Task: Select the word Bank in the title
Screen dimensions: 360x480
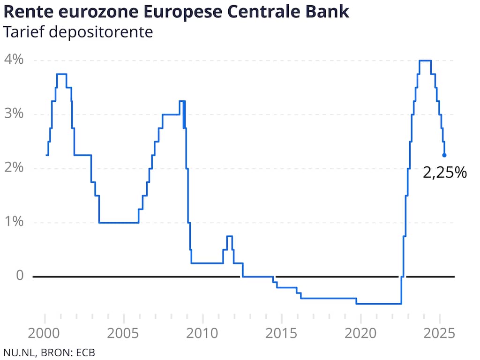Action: click(x=328, y=12)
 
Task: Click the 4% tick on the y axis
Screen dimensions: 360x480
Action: click(x=14, y=60)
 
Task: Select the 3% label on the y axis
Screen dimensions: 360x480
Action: click(x=14, y=114)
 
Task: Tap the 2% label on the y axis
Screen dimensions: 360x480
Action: click(x=14, y=168)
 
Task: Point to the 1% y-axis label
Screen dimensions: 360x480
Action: click(x=14, y=222)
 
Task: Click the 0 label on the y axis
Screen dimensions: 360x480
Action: click(x=19, y=275)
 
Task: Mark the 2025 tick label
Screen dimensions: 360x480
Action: click(x=440, y=334)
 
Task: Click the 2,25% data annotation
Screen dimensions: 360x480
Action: click(x=445, y=173)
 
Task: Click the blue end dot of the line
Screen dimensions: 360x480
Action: click(x=444, y=155)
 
